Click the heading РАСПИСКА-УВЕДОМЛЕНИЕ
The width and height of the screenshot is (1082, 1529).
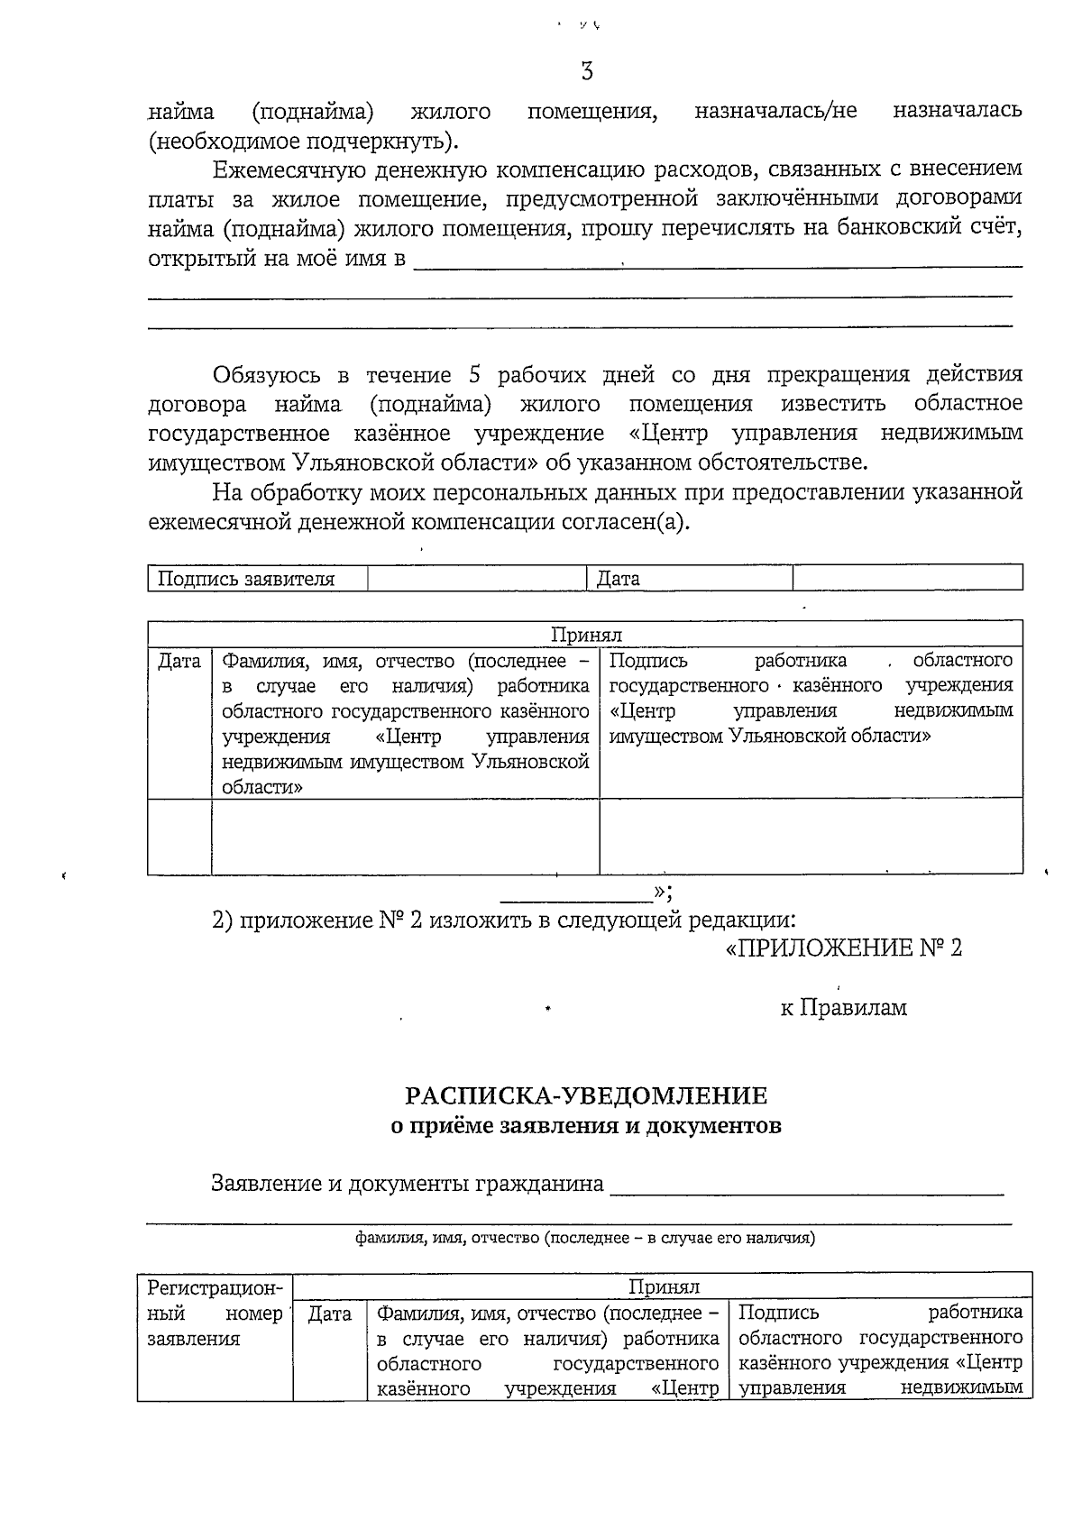586,1096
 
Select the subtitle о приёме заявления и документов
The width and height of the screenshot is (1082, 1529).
586,1126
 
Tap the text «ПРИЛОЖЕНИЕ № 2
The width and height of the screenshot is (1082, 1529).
844,948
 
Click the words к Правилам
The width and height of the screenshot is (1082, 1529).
843,1008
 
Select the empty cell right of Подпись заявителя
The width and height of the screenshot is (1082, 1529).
477,579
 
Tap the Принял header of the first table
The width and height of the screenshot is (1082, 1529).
586,635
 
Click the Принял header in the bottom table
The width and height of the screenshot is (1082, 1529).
664,1286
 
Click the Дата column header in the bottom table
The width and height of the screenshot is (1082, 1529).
330,1314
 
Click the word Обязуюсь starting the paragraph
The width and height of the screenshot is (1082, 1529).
268,375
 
